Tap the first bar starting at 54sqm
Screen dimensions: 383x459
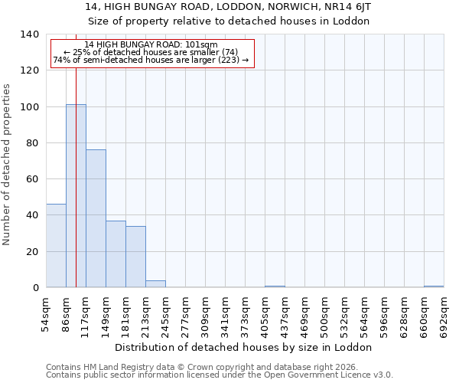click(x=56, y=246)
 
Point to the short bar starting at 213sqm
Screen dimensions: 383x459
click(x=155, y=284)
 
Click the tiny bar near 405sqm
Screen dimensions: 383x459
click(x=275, y=286)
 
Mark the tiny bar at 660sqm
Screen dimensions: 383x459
click(x=434, y=286)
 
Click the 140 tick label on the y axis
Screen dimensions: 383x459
click(x=30, y=34)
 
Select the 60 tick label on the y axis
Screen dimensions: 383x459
click(x=33, y=179)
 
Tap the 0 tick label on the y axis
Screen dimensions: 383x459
click(x=36, y=288)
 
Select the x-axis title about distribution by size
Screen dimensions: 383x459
click(x=245, y=347)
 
